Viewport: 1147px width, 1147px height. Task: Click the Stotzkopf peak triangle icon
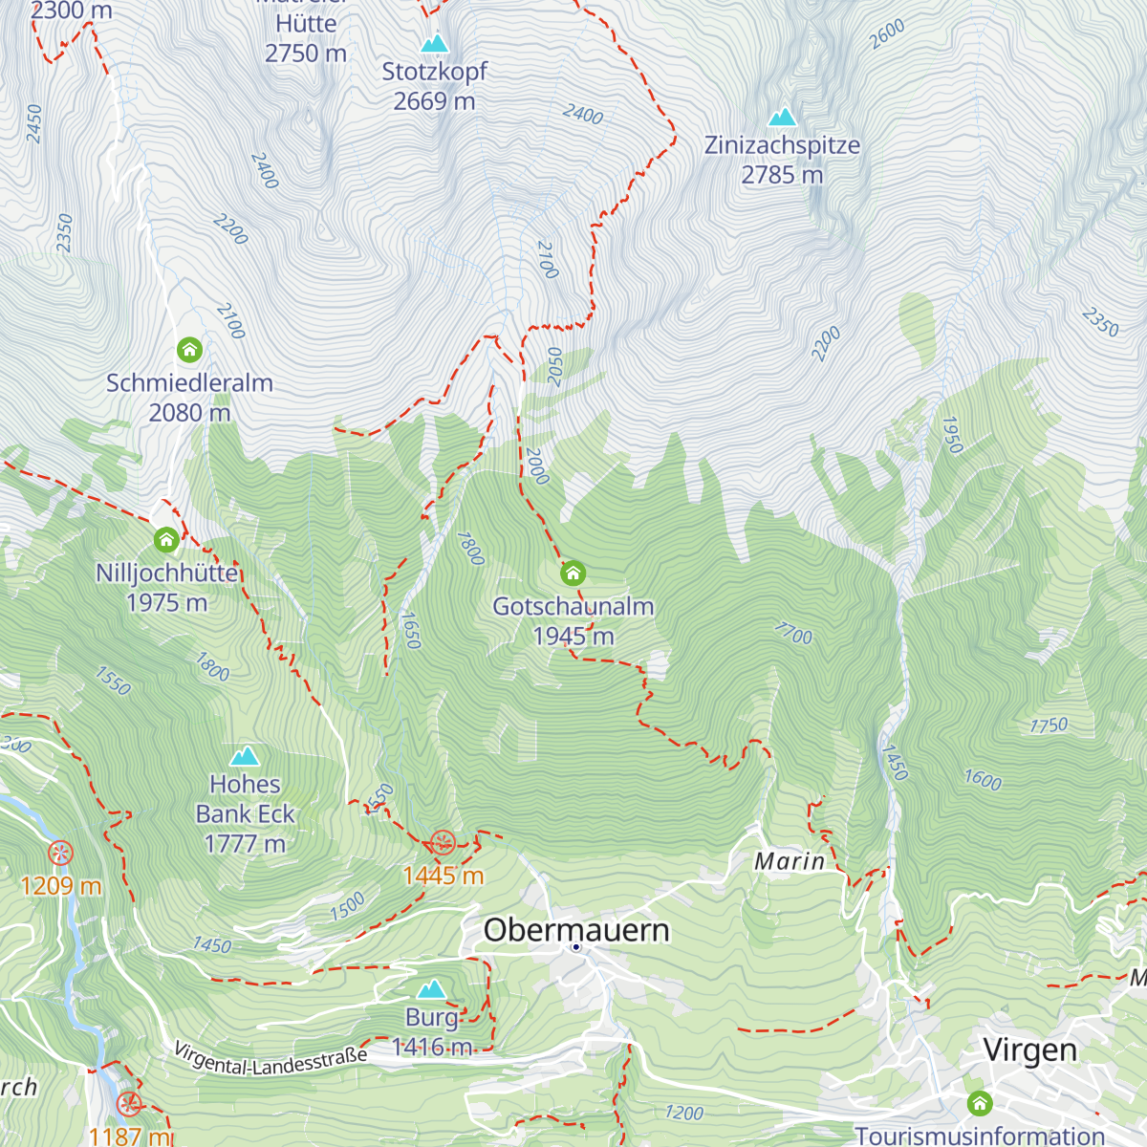[435, 43]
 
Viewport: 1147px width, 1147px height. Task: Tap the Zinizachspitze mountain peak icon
[783, 117]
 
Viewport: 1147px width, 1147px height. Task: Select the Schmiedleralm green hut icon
[189, 349]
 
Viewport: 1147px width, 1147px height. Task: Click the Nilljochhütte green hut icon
[166, 540]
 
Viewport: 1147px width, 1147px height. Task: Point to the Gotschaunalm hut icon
[573, 573]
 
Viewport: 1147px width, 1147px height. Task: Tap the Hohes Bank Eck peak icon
[245, 756]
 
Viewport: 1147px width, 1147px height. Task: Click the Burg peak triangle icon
[432, 988]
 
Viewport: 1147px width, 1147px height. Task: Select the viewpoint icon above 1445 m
[442, 842]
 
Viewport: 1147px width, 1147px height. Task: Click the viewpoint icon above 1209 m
[60, 853]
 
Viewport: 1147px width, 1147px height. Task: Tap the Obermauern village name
[576, 929]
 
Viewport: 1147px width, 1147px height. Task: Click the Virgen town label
[1029, 1050]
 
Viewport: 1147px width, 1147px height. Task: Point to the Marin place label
[790, 861]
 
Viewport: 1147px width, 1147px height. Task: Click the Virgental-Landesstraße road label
[271, 1060]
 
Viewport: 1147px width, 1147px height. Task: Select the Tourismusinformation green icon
[979, 1104]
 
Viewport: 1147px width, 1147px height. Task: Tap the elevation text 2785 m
[782, 175]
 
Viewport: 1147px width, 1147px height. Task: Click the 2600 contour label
[887, 34]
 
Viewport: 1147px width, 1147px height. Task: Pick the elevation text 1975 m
[166, 603]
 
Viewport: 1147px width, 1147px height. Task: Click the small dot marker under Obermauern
[576, 947]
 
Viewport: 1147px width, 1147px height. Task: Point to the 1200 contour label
[683, 1113]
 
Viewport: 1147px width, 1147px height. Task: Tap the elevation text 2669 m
[434, 101]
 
